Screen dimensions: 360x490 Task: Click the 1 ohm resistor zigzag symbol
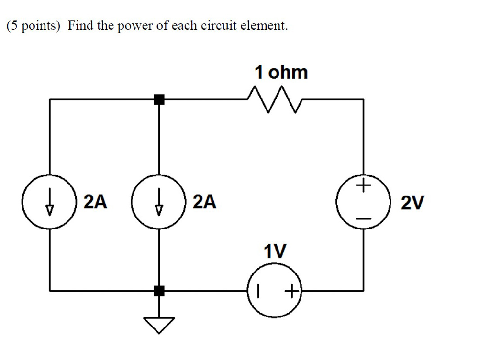[274, 100]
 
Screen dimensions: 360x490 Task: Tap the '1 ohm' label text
[281, 73]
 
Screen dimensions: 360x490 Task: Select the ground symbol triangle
[159, 325]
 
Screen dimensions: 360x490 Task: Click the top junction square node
[159, 99]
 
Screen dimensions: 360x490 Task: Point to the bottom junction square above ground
[159, 290]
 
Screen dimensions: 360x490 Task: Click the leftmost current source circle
[50, 203]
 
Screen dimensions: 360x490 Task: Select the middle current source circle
[159, 203]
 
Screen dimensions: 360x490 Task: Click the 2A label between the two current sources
[95, 202]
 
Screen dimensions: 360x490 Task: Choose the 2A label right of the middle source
[204, 202]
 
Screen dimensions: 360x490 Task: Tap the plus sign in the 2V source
[364, 185]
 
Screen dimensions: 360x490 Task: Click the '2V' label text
[412, 204]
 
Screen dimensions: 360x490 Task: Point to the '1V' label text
[275, 251]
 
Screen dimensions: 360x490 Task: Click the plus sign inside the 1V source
[291, 290]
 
